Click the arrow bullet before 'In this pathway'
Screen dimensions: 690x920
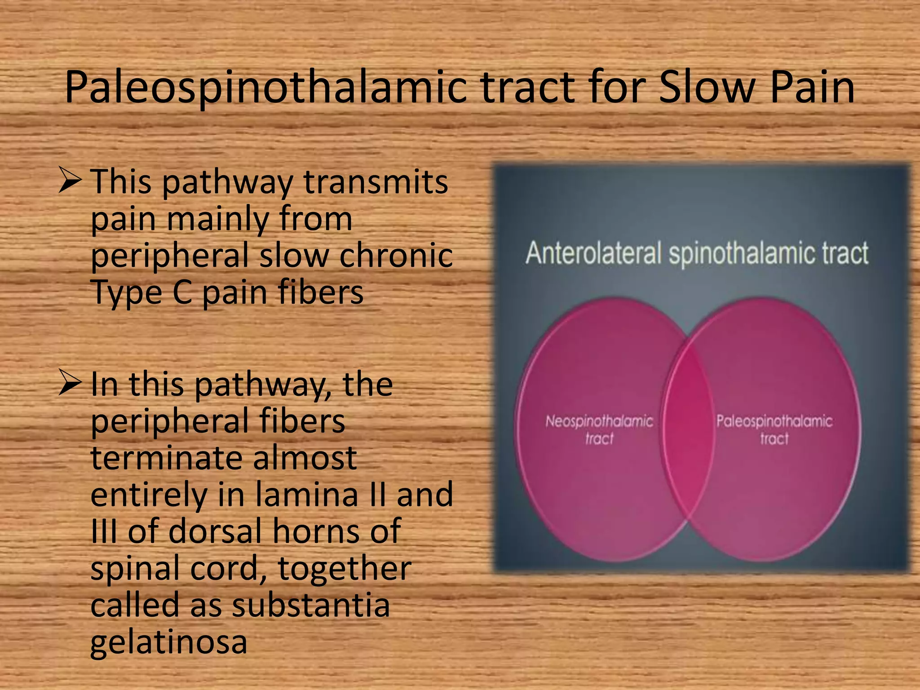(x=70, y=385)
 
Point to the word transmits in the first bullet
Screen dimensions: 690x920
(x=376, y=182)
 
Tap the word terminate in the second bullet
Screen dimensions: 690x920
(x=167, y=458)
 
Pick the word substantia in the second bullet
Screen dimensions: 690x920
(x=310, y=605)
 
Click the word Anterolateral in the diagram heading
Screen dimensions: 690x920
(x=593, y=253)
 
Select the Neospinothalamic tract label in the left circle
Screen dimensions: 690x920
(x=599, y=429)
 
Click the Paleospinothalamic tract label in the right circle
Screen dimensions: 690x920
(x=774, y=429)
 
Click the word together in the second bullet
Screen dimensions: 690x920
(x=345, y=568)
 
